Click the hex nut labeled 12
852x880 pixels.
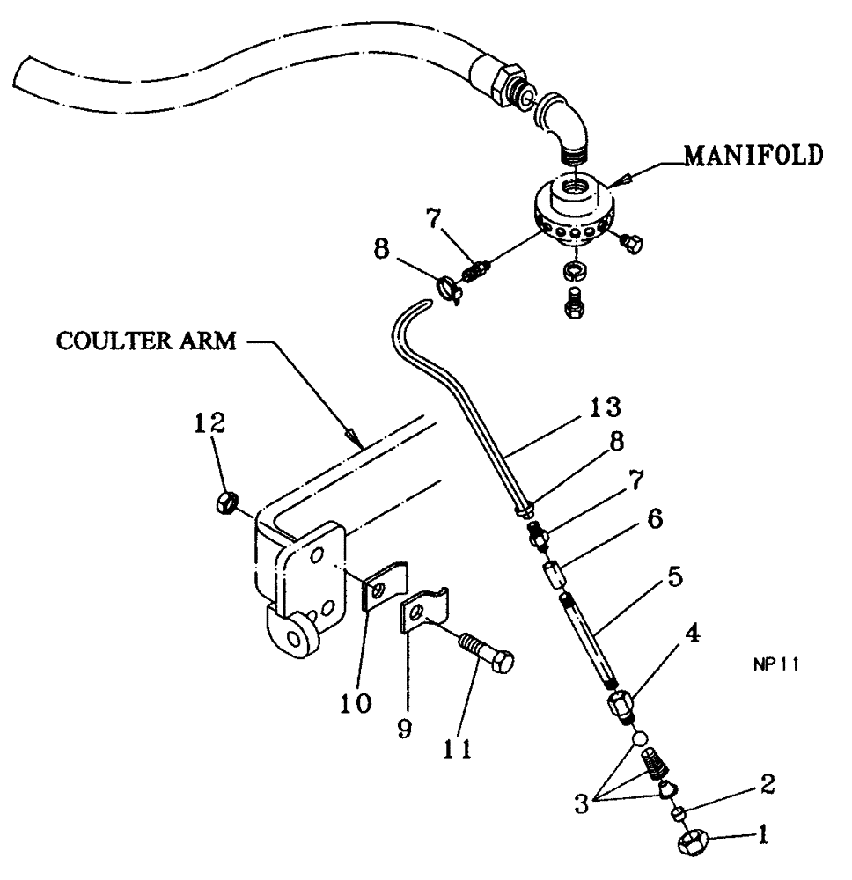pyautogui.click(x=225, y=503)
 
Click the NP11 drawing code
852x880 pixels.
pyautogui.click(x=775, y=666)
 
